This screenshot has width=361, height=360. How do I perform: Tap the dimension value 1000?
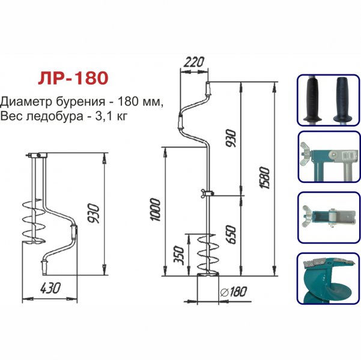156,209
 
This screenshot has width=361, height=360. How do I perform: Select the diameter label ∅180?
234,292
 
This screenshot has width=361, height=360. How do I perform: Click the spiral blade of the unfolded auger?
206,255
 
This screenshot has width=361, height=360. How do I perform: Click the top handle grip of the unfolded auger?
208,89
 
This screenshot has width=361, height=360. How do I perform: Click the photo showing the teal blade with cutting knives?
327,280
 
